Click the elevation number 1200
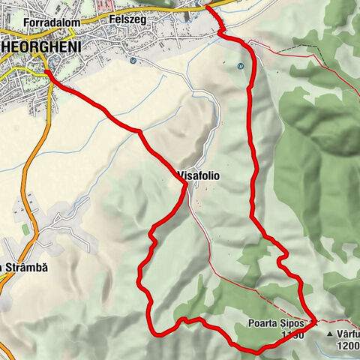(x=347, y=344)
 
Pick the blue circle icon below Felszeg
(x=132, y=61)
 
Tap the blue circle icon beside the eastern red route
(x=241, y=66)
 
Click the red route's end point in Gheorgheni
(x=46, y=72)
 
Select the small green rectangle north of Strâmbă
(x=25, y=229)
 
